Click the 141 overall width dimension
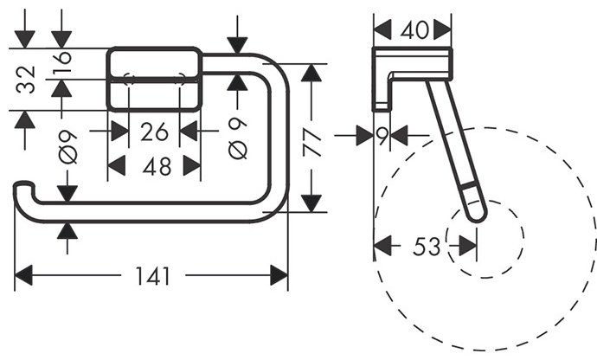[x=152, y=277]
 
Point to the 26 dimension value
[x=154, y=133]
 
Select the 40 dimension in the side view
[x=412, y=30]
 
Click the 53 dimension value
[x=426, y=247]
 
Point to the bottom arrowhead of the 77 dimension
[x=313, y=203]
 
